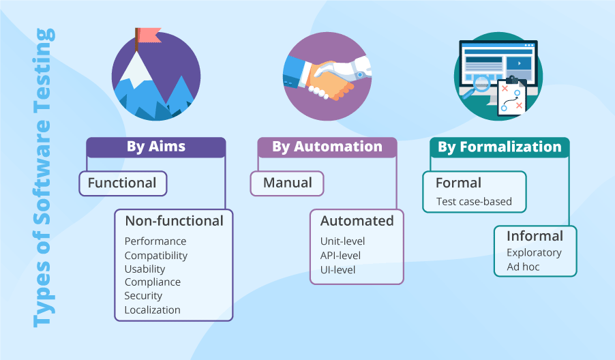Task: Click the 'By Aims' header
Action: pyautogui.click(x=155, y=147)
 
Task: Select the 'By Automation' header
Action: pyautogui.click(x=327, y=147)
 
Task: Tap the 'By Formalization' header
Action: pyautogui.click(x=499, y=147)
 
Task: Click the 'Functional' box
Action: pyautogui.click(x=123, y=183)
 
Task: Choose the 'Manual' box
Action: pyautogui.click(x=287, y=183)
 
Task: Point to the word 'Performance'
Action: pyautogui.click(x=155, y=241)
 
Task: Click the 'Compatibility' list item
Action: pyautogui.click(x=156, y=256)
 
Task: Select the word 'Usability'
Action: pyautogui.click(x=145, y=269)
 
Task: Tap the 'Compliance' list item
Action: pyautogui.click(x=153, y=282)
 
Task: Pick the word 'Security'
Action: pyautogui.click(x=143, y=296)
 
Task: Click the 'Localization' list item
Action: pyautogui.click(x=153, y=310)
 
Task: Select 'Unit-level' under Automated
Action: pyautogui.click(x=343, y=241)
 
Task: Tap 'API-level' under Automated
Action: pyautogui.click(x=341, y=256)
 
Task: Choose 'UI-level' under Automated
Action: pyautogui.click(x=338, y=270)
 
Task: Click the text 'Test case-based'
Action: pyautogui.click(x=474, y=202)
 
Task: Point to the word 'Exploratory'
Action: pyautogui.click(x=534, y=253)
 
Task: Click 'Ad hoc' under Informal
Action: pyautogui.click(x=523, y=267)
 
